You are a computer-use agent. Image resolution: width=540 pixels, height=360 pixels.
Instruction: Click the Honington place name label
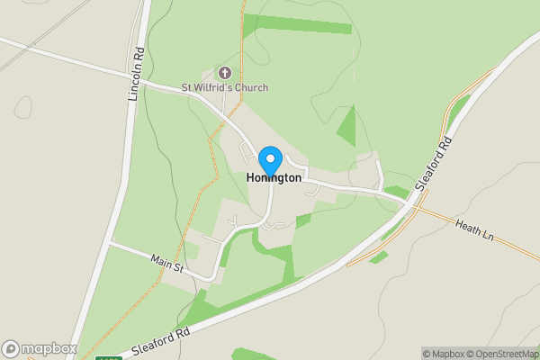(274, 178)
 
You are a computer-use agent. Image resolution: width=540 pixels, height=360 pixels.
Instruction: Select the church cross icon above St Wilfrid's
(225, 73)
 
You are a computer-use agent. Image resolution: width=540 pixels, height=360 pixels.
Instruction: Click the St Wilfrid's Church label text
(225, 87)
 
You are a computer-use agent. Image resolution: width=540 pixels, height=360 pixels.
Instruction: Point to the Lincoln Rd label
(138, 74)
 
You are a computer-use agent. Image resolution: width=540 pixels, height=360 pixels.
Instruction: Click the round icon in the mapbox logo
(11, 349)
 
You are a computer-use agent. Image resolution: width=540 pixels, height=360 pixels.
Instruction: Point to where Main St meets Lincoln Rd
(109, 243)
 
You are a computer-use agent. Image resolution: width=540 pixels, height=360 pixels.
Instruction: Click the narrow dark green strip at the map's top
(297, 24)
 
